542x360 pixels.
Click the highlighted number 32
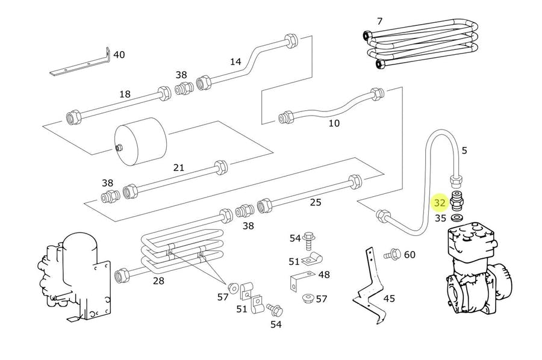[440, 203]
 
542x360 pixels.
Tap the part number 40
[119, 55]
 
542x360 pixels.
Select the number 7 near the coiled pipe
[380, 22]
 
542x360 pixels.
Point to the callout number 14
[235, 61]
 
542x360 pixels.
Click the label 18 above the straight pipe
[125, 94]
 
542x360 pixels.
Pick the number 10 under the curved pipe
[334, 123]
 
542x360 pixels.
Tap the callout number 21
[178, 167]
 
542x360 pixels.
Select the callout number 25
[315, 202]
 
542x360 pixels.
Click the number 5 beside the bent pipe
[464, 151]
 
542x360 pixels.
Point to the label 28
[158, 281]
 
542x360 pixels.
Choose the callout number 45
[389, 298]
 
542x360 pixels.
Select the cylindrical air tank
[141, 141]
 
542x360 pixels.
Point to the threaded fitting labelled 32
[457, 200]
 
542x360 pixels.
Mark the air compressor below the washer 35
[479, 268]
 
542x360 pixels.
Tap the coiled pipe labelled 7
[422, 44]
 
